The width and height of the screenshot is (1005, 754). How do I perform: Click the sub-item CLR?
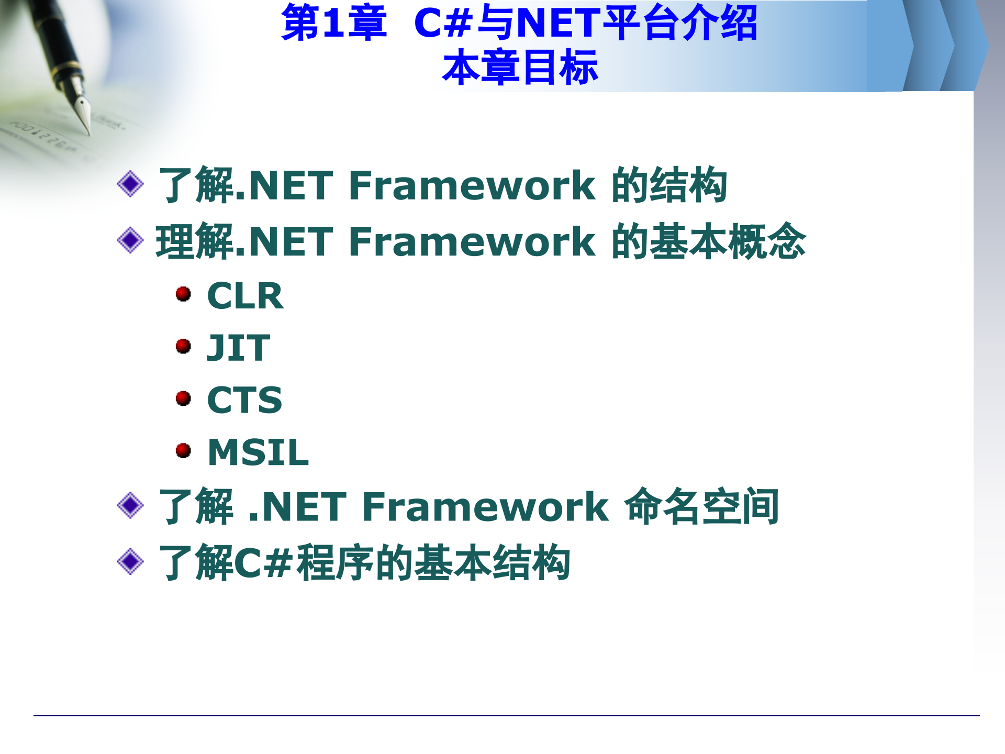(x=245, y=296)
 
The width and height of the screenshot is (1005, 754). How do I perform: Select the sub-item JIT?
(x=238, y=348)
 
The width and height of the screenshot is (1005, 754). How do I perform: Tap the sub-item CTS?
(x=244, y=400)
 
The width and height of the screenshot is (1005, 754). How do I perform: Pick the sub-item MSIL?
(x=258, y=452)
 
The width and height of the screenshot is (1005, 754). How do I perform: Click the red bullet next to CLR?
(x=183, y=294)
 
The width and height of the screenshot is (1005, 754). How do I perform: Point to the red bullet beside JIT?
(x=183, y=346)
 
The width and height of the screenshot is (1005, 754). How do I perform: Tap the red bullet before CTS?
(x=183, y=398)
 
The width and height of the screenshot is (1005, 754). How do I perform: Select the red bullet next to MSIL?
(x=183, y=450)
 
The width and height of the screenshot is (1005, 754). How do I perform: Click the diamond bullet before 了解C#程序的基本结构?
(x=130, y=561)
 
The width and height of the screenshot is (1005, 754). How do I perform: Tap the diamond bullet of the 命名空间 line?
(x=130, y=505)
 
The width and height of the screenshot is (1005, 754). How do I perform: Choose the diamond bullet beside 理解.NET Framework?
(x=130, y=240)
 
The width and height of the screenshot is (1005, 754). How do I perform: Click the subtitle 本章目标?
(x=520, y=68)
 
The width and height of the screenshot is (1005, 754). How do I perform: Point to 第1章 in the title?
(x=334, y=23)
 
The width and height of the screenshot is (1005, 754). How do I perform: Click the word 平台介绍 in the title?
(x=680, y=23)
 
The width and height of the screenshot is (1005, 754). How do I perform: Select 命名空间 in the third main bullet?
(x=701, y=506)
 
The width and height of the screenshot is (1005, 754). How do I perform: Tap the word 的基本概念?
(x=708, y=241)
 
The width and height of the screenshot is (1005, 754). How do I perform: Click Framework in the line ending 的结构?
(x=472, y=185)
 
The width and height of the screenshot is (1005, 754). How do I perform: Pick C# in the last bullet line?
(x=262, y=563)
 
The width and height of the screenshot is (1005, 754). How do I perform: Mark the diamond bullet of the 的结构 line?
(x=130, y=184)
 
